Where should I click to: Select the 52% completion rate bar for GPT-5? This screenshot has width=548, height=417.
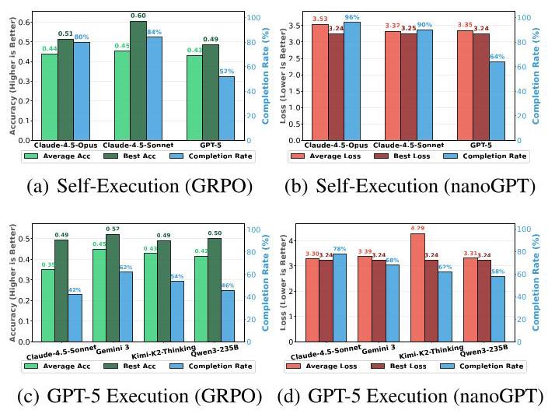point(226,108)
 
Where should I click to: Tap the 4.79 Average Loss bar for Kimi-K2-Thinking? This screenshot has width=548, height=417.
point(417,287)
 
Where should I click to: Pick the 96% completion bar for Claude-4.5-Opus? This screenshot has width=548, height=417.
point(352,81)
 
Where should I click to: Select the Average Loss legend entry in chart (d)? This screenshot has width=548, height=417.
point(318,366)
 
